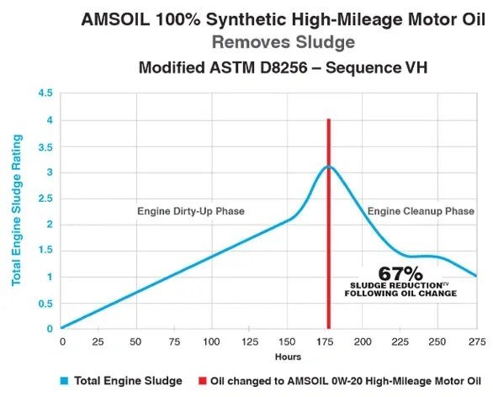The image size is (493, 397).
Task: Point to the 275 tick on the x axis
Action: click(x=477, y=343)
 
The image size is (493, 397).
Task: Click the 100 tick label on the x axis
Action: click(x=210, y=343)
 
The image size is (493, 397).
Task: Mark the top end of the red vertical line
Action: click(x=328, y=120)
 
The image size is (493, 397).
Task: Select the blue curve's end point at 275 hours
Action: click(x=476, y=276)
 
